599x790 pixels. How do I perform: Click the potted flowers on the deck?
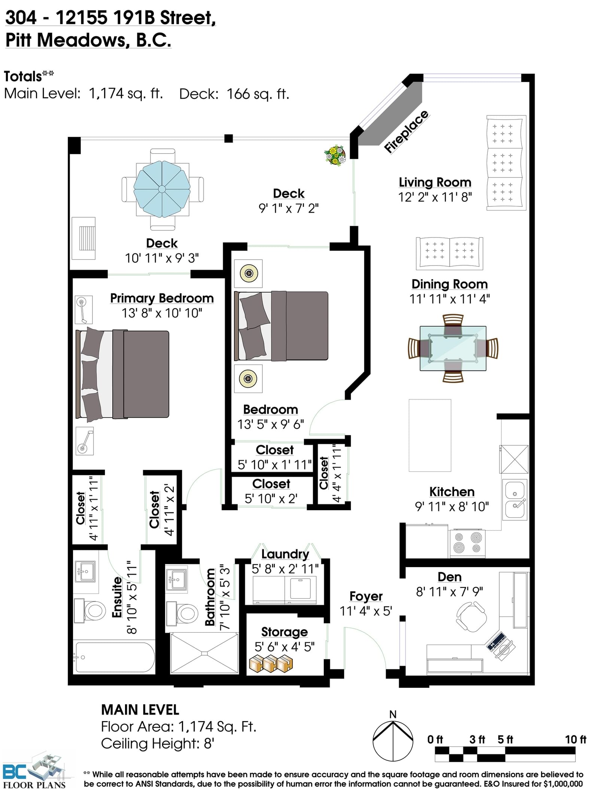(x=335, y=155)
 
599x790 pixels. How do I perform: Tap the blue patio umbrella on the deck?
(x=162, y=189)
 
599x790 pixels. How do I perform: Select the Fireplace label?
(x=406, y=131)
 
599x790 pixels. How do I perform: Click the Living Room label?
(x=435, y=182)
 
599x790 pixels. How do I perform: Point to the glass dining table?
(x=453, y=348)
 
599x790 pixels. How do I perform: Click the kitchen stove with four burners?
(x=467, y=543)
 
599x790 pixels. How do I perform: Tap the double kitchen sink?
(x=515, y=499)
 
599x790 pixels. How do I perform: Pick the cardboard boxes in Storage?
(x=271, y=664)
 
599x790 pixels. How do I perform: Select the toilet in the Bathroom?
(x=182, y=614)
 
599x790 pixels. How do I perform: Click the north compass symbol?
(x=393, y=740)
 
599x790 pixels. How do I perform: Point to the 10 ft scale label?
(x=575, y=739)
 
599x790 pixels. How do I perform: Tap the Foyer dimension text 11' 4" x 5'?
(x=365, y=611)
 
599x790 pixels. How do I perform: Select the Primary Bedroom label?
(x=162, y=298)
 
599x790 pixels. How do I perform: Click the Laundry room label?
(x=285, y=554)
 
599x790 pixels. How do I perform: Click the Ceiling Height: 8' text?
(x=158, y=744)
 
